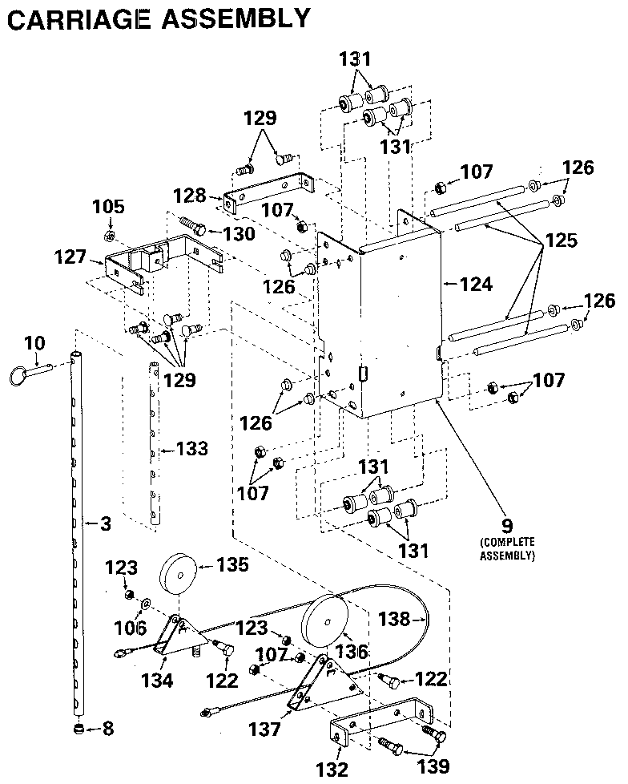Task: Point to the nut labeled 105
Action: point(110,236)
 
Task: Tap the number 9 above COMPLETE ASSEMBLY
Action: point(505,527)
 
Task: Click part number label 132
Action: point(332,770)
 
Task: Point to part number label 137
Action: point(264,729)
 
